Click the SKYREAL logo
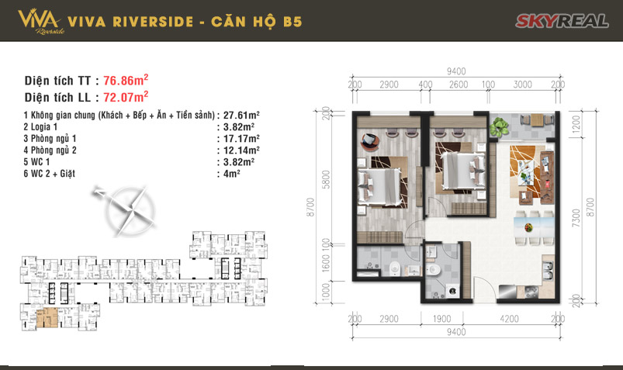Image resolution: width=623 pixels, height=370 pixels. click(562, 20)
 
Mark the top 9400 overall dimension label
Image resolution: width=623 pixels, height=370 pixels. click(456, 71)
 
